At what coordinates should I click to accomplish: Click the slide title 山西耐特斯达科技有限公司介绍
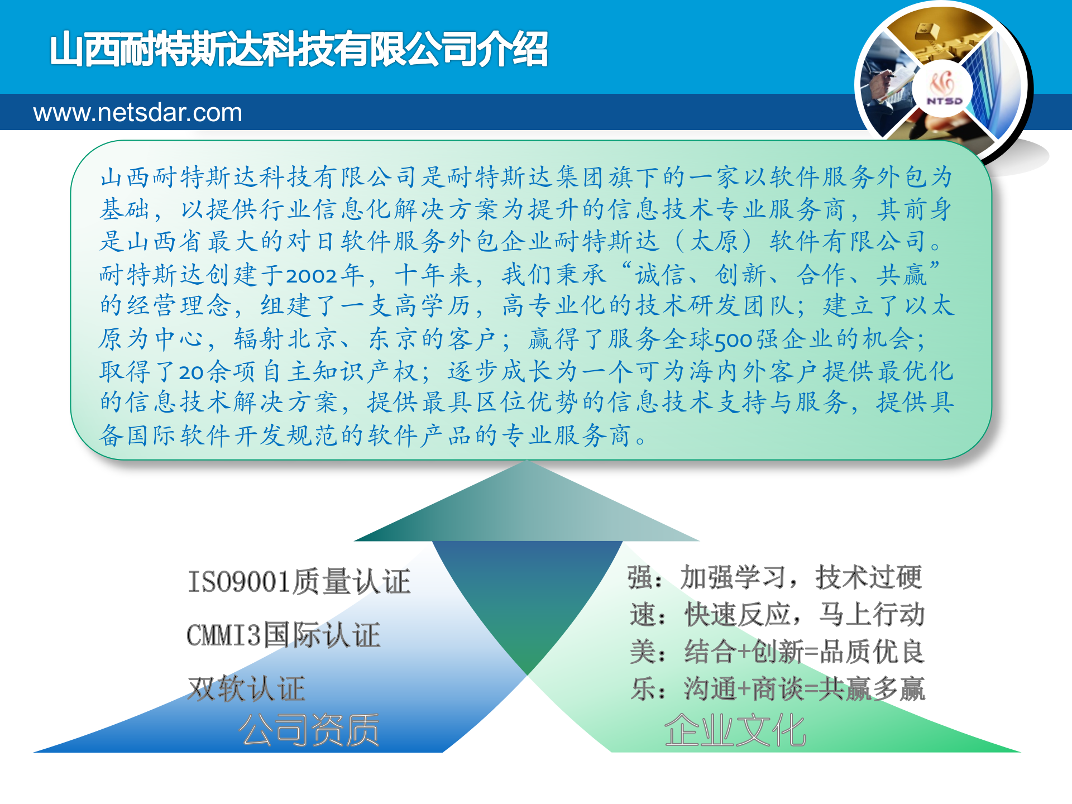coord(299,49)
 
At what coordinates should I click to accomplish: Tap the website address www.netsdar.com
coord(137,113)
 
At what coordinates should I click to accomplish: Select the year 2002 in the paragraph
coord(312,275)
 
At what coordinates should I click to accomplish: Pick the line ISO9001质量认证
coord(299,581)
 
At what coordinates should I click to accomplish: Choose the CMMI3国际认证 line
coord(283,635)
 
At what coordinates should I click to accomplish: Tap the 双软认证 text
coord(246,688)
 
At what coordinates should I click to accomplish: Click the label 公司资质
coord(309,730)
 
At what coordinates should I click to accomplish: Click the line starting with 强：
coord(774,577)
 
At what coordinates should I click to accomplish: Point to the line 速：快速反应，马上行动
coord(777,614)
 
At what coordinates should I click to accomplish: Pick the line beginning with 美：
coord(777,652)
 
